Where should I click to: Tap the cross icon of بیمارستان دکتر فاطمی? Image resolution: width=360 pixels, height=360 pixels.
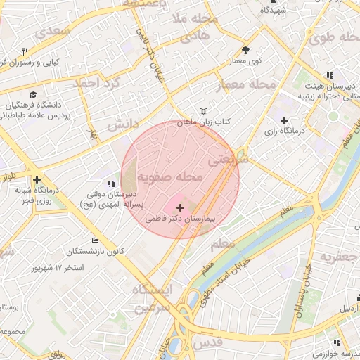181,208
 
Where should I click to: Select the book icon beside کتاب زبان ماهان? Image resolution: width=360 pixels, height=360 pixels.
204,112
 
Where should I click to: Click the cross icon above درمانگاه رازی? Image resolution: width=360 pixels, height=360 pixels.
284,120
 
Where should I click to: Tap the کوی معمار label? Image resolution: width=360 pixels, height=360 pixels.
245,61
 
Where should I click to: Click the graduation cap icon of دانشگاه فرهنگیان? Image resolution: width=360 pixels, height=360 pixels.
33,94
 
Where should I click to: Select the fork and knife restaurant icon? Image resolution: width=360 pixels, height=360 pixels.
26,51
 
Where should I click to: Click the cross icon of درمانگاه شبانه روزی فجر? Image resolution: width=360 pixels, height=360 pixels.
37,179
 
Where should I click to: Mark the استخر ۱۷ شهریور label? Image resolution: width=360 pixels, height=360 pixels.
59,269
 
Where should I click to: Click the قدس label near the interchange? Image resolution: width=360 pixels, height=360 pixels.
209,342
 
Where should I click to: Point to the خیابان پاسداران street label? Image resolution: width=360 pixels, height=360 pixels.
303,290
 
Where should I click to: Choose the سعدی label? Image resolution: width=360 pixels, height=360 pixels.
53,32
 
